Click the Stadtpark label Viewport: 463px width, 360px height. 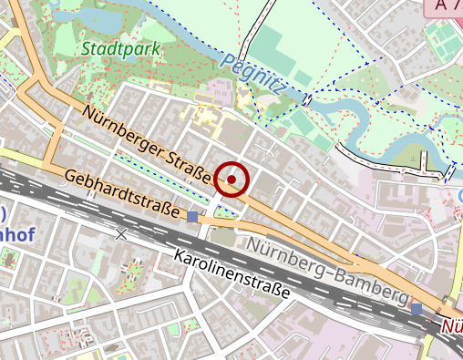tap(120, 47)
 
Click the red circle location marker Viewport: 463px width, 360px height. tap(232, 180)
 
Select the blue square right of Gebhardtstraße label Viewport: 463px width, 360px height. tap(192, 216)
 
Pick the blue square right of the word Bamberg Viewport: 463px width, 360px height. tap(417, 309)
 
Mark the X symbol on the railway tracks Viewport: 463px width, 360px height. tap(121, 233)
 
